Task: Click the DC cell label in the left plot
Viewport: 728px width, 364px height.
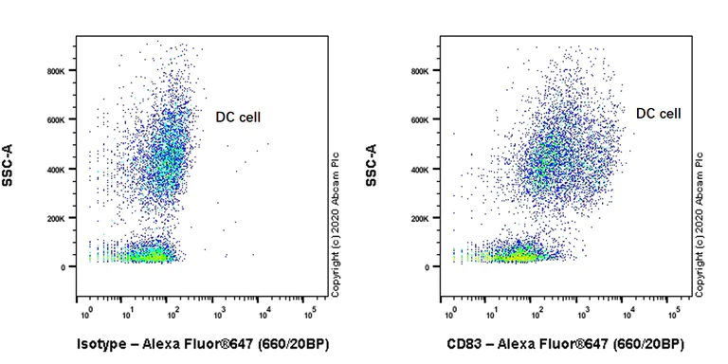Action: [237, 118]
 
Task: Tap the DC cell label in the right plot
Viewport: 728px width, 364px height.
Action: [659, 113]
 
